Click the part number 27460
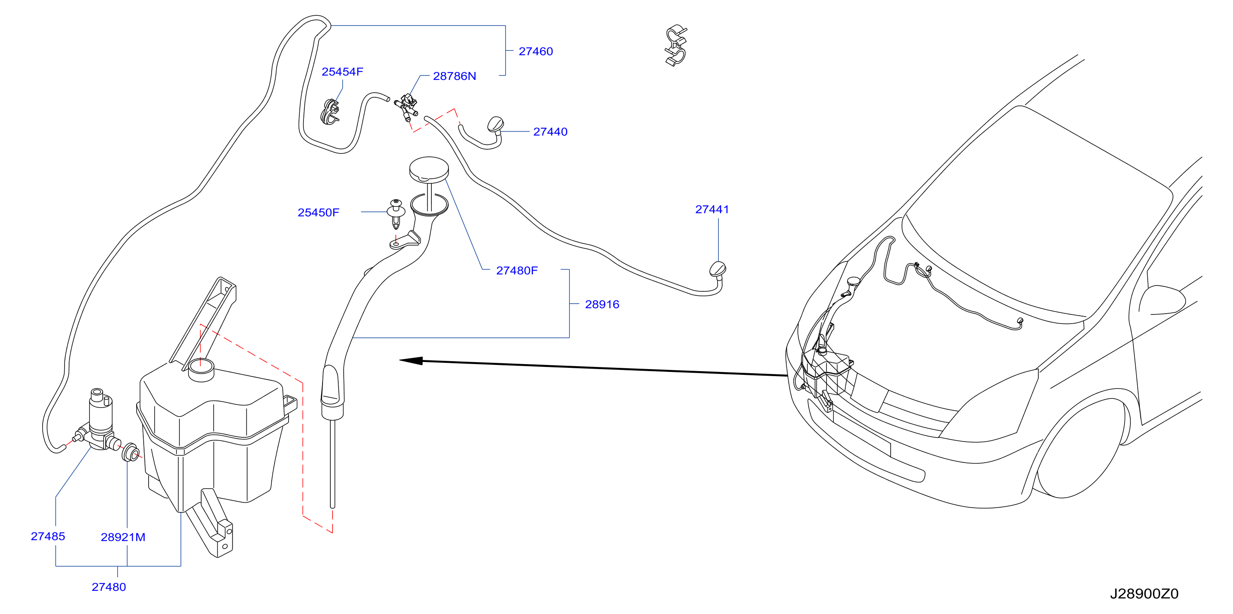coord(536,52)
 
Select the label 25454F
coord(342,72)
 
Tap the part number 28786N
coord(454,76)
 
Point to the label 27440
coord(550,132)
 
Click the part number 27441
coord(712,209)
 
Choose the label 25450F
coord(318,213)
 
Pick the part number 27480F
coord(517,271)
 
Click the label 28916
coord(602,305)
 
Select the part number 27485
coord(48,537)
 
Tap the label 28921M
coord(123,537)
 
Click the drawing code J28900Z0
coord(1144,594)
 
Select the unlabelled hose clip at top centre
coord(676,46)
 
